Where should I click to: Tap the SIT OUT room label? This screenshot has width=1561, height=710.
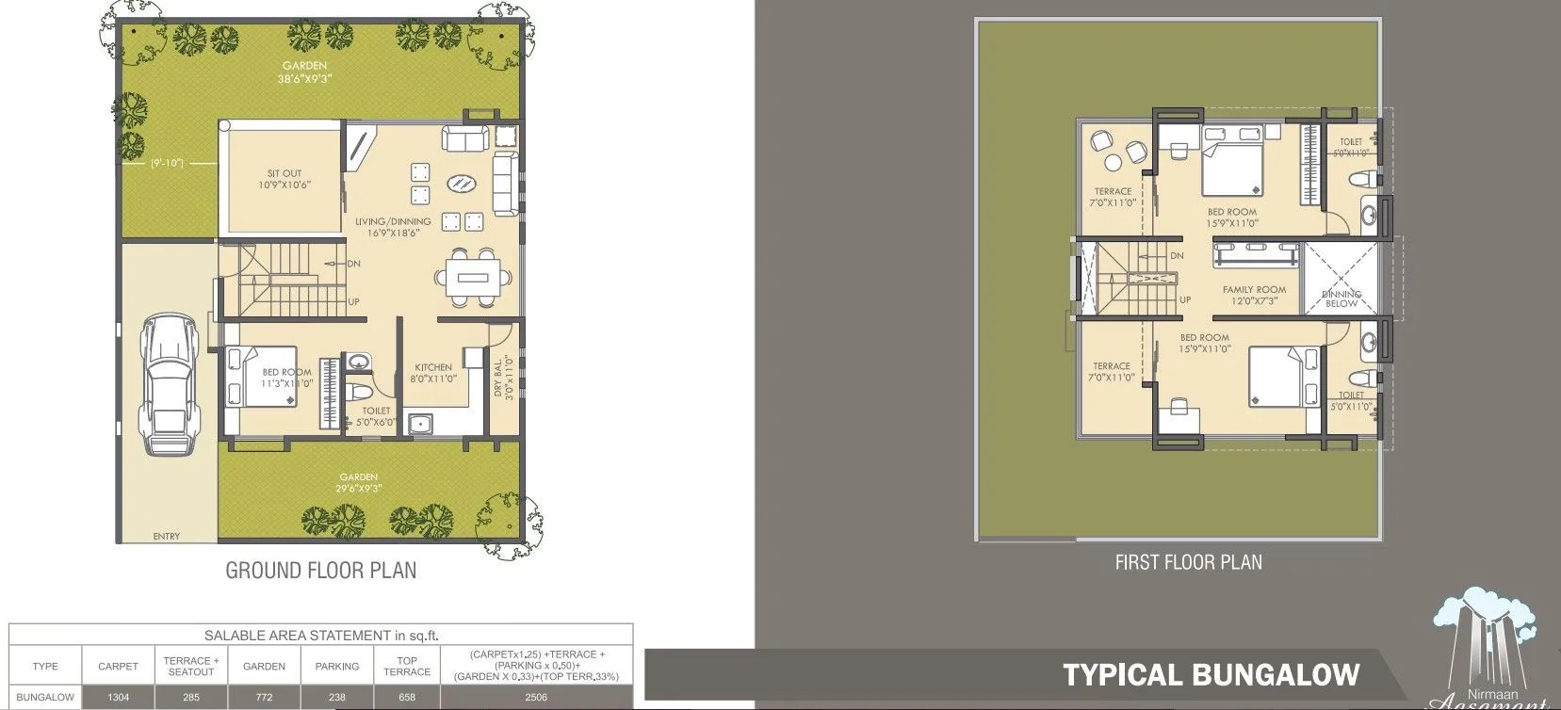(285, 173)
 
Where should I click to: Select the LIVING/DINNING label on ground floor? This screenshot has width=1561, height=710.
(393, 222)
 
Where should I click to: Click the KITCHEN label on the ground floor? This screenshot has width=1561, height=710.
(433, 367)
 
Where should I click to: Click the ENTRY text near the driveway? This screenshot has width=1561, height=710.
(166, 537)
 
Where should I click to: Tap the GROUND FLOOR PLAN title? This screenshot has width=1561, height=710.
(320, 571)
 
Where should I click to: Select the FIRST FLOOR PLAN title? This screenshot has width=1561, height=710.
(1188, 562)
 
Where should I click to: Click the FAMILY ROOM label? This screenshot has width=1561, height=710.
(1254, 290)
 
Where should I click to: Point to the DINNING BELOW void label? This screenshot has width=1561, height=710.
(1341, 299)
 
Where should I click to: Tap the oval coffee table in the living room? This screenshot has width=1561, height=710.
(461, 184)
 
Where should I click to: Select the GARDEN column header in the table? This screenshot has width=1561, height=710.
(264, 666)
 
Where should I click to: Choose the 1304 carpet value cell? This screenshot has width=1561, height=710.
(118, 698)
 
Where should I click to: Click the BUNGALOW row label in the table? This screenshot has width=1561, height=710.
(45, 698)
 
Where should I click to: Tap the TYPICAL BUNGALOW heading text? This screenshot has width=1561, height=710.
(1211, 675)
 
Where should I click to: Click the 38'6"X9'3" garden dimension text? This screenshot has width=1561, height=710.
(304, 78)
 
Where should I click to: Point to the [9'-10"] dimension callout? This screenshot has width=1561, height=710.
(167, 164)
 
